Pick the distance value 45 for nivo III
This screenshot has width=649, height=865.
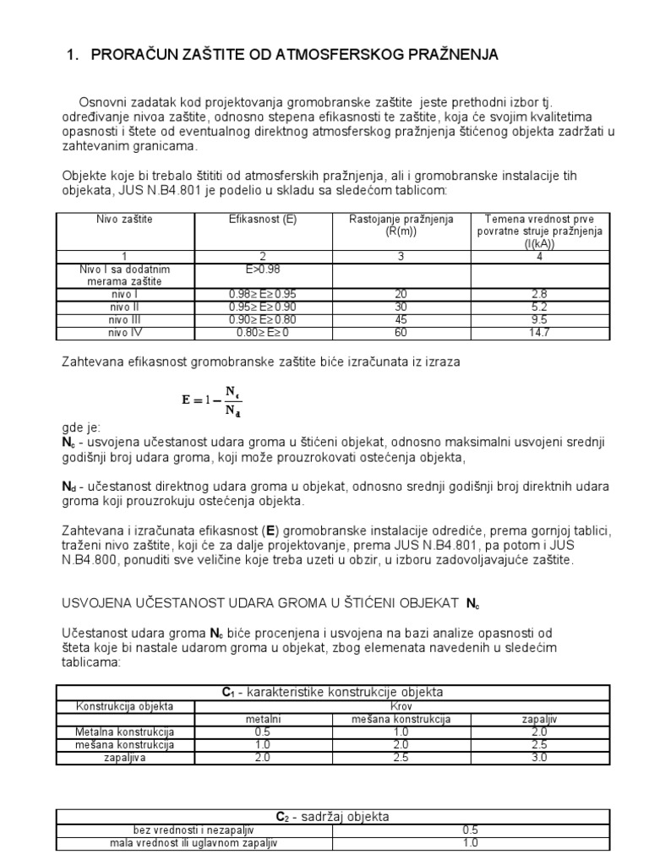click(x=401, y=320)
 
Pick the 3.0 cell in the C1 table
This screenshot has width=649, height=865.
click(x=539, y=758)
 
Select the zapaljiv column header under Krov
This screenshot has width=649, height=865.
click(x=539, y=718)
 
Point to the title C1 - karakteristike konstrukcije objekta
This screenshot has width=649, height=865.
click(x=332, y=692)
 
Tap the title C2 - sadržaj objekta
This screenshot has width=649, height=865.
click(x=332, y=816)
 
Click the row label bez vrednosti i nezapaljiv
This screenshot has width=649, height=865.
click(x=194, y=830)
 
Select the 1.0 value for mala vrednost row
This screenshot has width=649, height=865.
click(x=471, y=842)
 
